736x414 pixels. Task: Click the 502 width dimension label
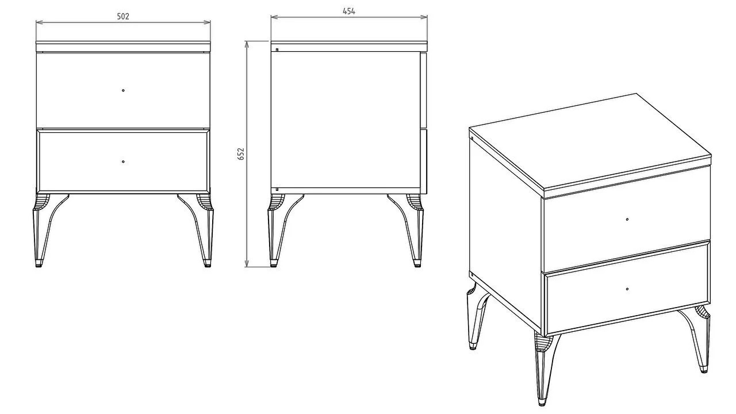123,17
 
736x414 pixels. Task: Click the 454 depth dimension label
349,11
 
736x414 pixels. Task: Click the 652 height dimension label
241,154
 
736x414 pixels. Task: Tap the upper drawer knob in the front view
123,90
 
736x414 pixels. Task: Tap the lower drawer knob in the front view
123,162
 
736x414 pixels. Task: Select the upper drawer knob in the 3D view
627,219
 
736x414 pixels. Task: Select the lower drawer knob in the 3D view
627,289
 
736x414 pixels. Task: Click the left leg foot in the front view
39,263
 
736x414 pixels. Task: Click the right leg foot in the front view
208,263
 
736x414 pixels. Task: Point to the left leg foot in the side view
273,263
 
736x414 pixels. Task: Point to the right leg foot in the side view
417,263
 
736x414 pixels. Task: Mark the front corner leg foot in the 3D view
542,402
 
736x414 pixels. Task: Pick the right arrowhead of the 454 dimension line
424,17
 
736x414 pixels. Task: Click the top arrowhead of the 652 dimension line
247,45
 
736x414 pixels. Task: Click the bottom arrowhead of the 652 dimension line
247,263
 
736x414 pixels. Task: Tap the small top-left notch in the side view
277,50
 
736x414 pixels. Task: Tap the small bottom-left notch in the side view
277,189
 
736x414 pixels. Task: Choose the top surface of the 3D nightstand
590,141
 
